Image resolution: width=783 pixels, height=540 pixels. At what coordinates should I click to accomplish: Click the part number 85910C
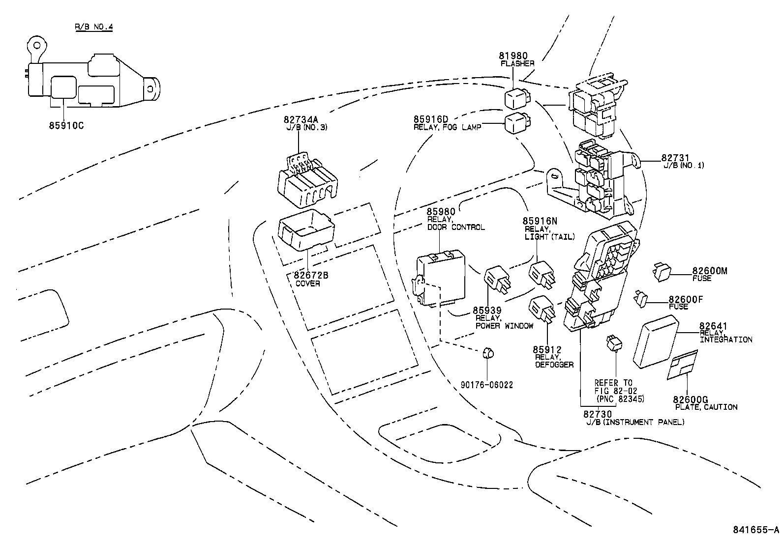pos(66,125)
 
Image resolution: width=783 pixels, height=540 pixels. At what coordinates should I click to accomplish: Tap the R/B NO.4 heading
pos(94,27)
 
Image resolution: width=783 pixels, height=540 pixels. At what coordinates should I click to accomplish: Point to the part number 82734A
pos(301,119)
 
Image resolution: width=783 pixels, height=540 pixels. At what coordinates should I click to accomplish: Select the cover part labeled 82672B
pos(306,229)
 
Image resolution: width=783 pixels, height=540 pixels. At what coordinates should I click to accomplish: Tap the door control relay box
pos(440,278)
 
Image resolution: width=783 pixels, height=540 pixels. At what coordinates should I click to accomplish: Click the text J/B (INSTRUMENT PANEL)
pos(634,423)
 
